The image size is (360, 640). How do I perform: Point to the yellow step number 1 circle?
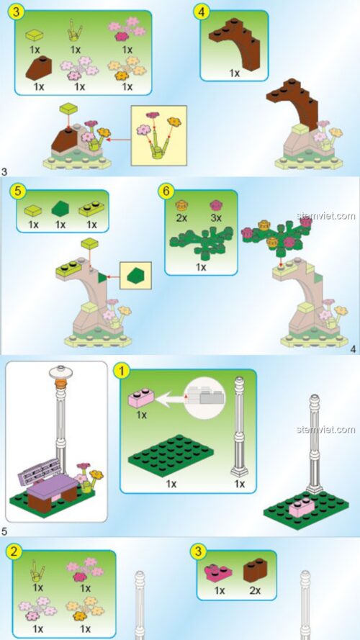[123, 371]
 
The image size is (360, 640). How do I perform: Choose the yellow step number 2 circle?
[17, 553]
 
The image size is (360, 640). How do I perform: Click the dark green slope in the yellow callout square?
[135, 275]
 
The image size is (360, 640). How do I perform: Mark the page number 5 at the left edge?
[5, 532]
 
